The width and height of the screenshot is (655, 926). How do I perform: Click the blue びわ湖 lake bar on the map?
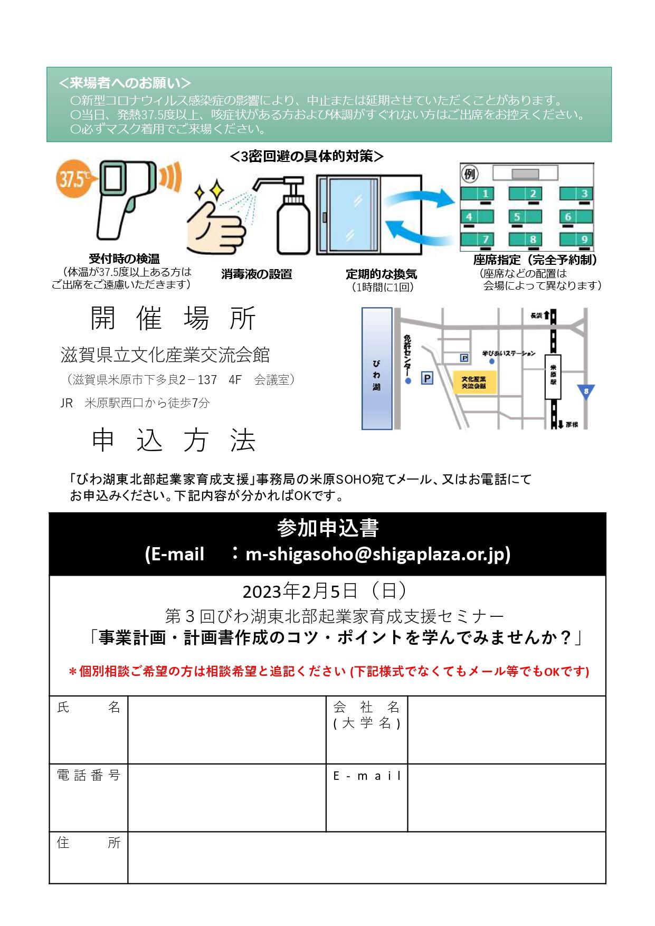(x=377, y=368)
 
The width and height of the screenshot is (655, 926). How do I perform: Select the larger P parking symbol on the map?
(x=427, y=378)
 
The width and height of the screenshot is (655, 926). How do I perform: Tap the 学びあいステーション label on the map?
(x=509, y=353)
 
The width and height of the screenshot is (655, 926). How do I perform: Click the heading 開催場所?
(x=174, y=318)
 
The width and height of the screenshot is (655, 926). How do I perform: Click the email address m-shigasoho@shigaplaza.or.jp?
(x=377, y=554)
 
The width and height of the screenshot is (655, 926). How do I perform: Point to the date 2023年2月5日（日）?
(x=325, y=591)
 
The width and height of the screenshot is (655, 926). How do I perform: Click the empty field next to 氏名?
(x=226, y=729)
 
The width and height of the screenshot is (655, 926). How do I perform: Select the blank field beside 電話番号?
(x=226, y=797)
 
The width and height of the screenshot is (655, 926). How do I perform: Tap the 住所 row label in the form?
(x=88, y=843)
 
